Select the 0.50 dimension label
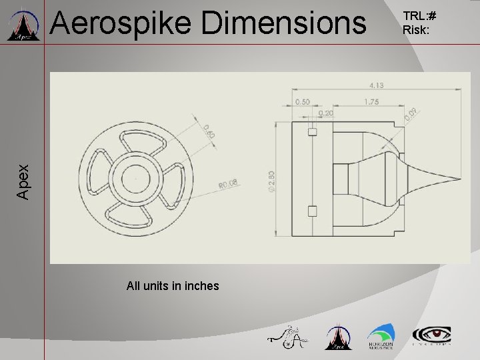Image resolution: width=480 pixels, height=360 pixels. (303, 102)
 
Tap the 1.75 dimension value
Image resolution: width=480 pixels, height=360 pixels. (372, 102)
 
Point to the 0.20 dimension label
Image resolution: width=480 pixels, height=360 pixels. (326, 114)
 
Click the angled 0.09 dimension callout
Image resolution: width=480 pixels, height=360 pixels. (411, 115)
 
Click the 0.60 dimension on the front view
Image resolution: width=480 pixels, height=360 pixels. (208, 131)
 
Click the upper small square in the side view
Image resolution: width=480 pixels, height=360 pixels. (312, 132)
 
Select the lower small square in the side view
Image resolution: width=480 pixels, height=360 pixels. (312, 211)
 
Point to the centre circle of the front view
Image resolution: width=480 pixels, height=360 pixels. (135, 179)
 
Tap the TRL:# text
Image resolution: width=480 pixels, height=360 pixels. (418, 16)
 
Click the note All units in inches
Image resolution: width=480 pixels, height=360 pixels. (173, 286)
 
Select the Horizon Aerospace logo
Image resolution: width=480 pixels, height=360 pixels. (380, 337)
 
